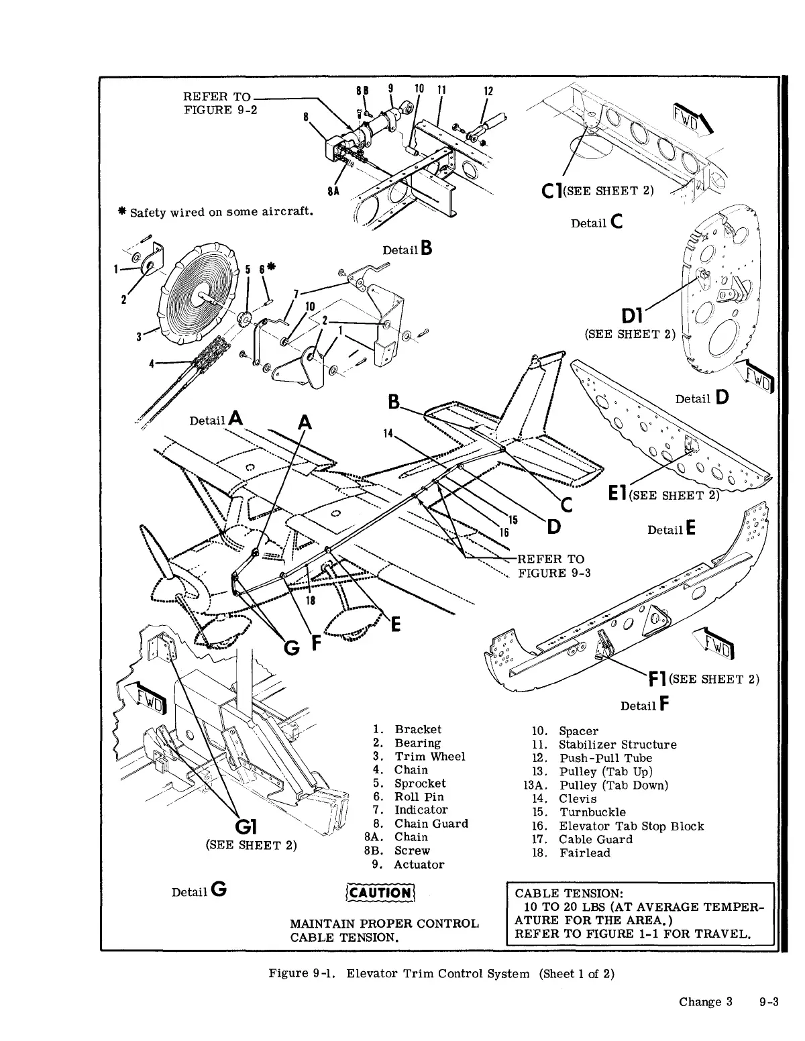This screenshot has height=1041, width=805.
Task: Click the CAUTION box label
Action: (380, 892)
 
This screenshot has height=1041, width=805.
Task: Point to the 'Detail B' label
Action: (407, 249)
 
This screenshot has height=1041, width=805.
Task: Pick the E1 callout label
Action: (616, 495)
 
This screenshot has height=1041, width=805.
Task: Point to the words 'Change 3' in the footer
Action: (704, 1002)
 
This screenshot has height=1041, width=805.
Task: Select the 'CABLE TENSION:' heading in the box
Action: (569, 893)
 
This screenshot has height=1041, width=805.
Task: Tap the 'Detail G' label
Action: (199, 891)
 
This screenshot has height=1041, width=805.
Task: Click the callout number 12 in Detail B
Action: (488, 91)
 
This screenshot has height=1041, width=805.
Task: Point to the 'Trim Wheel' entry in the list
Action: (429, 756)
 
